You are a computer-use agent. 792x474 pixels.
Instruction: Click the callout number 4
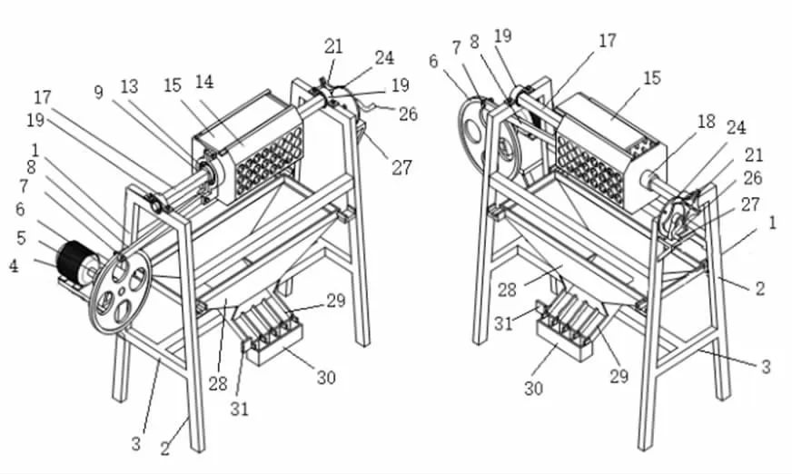[x=15, y=266]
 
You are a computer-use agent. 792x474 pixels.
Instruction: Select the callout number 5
[x=21, y=238]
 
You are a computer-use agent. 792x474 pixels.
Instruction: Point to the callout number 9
[x=98, y=93]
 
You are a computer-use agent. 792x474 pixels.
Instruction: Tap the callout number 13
[x=129, y=86]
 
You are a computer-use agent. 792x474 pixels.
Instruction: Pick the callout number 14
[x=204, y=82]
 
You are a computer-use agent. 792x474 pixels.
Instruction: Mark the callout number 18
[x=706, y=122]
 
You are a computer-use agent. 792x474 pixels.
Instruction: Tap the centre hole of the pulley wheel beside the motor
[x=123, y=291]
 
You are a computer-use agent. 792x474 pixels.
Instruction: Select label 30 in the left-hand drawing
[x=326, y=377]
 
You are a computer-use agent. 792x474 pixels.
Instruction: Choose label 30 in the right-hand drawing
[x=533, y=388]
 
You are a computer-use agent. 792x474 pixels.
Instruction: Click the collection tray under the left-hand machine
[x=272, y=343]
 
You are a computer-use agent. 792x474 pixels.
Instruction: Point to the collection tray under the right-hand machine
[x=565, y=341]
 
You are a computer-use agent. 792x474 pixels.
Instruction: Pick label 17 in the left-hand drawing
[x=43, y=97]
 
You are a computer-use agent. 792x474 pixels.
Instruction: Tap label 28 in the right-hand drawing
[x=507, y=290]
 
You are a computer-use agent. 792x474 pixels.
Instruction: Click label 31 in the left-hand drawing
[x=240, y=409]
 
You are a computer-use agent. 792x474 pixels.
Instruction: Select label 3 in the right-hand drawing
[x=766, y=367]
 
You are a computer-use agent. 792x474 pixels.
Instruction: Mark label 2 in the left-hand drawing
[x=165, y=449]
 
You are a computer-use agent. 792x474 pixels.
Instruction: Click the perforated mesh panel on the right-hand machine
[x=590, y=169]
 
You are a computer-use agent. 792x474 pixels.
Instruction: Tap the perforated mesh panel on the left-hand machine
[x=270, y=162]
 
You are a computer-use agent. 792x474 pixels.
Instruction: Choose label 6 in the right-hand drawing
[x=433, y=61]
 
